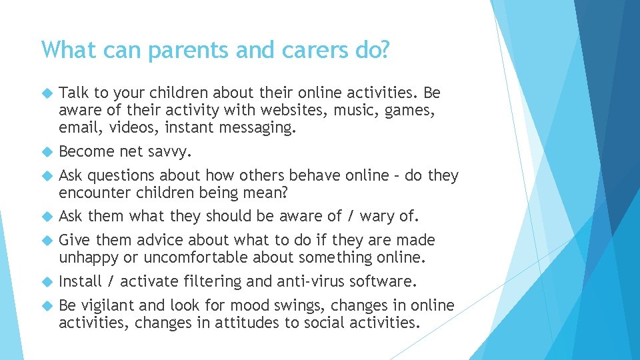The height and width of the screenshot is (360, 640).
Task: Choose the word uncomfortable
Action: [x=195, y=257]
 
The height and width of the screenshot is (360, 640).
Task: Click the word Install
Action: [x=80, y=281]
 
